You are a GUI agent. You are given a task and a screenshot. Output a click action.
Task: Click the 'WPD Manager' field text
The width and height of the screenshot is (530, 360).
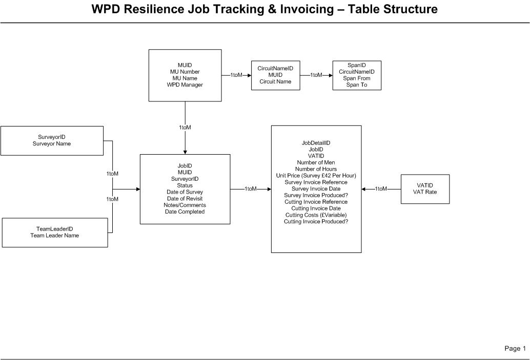(185, 85)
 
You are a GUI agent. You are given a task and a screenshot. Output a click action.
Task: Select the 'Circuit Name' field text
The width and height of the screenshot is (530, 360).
(275, 81)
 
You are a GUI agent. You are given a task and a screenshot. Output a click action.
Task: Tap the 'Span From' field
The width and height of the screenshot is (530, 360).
(357, 78)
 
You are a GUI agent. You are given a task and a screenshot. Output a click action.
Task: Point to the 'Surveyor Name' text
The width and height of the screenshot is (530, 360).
(52, 144)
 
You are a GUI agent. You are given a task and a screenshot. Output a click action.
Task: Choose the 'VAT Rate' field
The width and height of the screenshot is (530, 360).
(425, 192)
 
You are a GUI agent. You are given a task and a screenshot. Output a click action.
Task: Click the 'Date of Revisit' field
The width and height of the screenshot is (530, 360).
(185, 199)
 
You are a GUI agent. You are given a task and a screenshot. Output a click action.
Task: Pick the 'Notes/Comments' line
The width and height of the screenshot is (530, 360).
(185, 205)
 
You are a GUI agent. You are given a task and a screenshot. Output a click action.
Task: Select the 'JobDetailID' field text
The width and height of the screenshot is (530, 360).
(316, 143)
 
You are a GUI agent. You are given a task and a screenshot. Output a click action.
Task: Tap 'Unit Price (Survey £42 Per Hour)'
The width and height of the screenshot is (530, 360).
(316, 176)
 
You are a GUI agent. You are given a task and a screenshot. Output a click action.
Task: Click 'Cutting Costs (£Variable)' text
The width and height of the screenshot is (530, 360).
(316, 215)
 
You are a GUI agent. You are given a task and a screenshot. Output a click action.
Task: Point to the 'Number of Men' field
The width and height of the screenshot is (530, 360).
(316, 162)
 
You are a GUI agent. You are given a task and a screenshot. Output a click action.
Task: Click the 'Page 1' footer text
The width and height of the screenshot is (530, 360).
(515, 349)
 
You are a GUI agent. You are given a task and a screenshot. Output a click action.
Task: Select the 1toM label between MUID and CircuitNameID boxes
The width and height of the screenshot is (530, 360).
(236, 75)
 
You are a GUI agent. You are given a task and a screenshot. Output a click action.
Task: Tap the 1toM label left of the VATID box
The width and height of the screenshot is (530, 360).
(381, 189)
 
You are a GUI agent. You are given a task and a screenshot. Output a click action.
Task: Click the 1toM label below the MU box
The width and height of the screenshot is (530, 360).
(185, 128)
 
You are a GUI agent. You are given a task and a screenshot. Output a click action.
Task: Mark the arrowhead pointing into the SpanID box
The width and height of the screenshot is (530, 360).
(330, 75)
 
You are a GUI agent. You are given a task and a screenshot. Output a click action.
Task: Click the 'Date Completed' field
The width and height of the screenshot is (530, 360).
(185, 212)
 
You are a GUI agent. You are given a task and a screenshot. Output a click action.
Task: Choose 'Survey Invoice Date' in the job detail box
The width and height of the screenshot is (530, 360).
(316, 189)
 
